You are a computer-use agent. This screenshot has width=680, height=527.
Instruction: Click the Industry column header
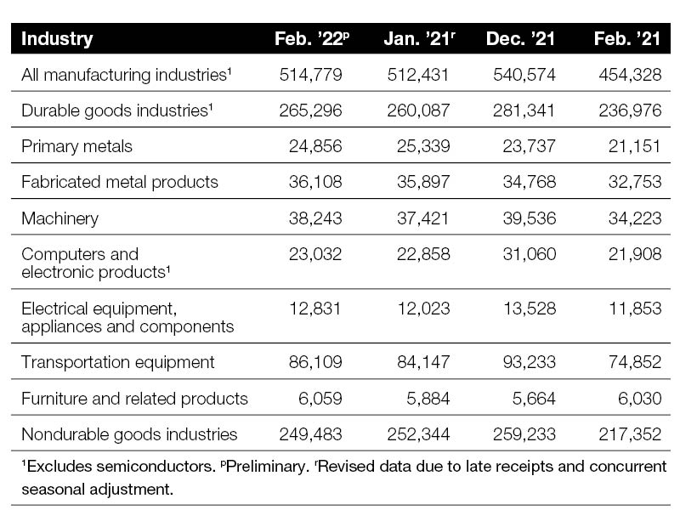(57, 38)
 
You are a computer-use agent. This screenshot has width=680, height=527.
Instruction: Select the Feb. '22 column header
(312, 38)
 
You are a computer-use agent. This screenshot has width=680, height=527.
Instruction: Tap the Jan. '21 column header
(419, 38)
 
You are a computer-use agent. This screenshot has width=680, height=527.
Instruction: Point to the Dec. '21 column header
(520, 38)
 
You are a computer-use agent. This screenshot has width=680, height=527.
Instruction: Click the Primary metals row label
(76, 146)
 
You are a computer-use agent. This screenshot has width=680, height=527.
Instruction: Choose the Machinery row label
(59, 218)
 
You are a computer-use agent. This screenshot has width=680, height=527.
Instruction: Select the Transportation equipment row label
(118, 362)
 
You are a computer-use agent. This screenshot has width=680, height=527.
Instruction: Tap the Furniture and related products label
(134, 398)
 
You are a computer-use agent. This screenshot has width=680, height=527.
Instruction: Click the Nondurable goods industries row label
(129, 434)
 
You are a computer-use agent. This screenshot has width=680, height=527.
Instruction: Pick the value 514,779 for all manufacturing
(310, 75)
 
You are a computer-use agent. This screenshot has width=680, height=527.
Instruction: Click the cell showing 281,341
(524, 110)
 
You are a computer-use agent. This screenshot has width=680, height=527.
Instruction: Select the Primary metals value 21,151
(634, 146)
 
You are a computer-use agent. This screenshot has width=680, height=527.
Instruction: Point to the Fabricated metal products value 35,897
(423, 182)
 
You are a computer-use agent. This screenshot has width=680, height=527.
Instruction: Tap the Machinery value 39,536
(529, 218)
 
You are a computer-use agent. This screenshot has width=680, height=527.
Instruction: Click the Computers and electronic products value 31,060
(529, 254)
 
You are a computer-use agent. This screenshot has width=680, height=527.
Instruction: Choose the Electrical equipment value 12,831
(315, 309)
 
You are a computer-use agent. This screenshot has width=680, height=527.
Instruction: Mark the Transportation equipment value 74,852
(635, 362)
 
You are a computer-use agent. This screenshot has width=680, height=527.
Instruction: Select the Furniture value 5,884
(428, 398)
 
